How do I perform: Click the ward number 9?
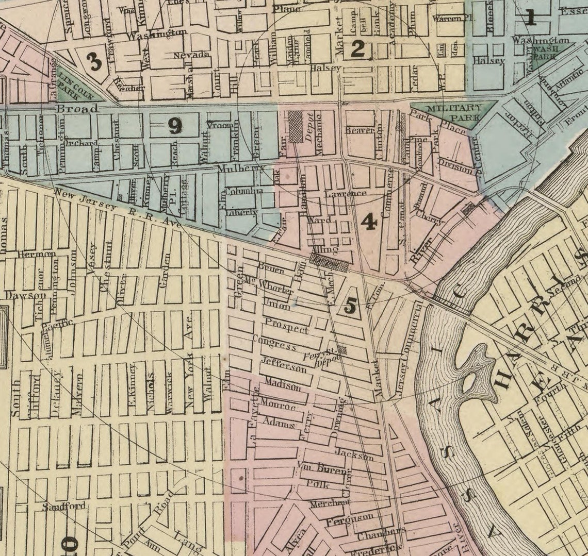175,126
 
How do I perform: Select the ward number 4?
368,222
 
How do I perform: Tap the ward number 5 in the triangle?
350,307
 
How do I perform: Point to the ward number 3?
94,62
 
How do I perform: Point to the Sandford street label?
64,506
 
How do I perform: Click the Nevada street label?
191,55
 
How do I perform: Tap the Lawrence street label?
346,194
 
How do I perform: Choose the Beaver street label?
360,130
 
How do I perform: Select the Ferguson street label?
349,517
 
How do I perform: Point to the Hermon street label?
36,254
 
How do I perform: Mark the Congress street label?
274,342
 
